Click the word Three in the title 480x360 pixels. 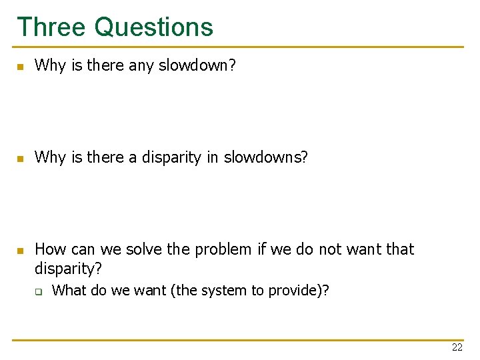click(x=51, y=27)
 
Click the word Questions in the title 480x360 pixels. click(x=154, y=27)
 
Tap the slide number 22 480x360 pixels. click(x=457, y=347)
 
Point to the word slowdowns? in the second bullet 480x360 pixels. click(x=266, y=157)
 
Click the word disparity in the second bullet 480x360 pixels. click(x=180, y=157)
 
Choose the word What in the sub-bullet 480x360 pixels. click(x=69, y=290)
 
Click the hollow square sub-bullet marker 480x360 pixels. click(x=39, y=291)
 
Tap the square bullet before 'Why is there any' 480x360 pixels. click(x=21, y=67)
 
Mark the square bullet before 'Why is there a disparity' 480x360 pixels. click(x=21, y=159)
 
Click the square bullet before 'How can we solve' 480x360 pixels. click(x=21, y=251)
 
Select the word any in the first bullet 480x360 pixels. click(x=144, y=65)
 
